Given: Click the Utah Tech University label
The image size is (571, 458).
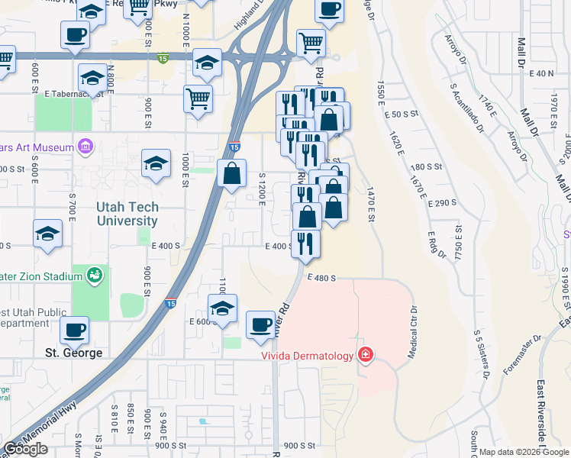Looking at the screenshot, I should pyautogui.click(x=127, y=214).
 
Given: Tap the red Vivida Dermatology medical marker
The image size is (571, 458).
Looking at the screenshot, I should pyautogui.click(x=366, y=356).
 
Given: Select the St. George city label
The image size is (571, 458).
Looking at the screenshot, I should pyautogui.click(x=73, y=353).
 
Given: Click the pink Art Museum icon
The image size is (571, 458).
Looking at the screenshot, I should pyautogui.click(x=85, y=146).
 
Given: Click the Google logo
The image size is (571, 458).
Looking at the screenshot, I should pyautogui.click(x=25, y=450).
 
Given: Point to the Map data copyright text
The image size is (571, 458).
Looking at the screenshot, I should pyautogui.click(x=524, y=452).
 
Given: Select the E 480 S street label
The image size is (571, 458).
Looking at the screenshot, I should pyautogui.click(x=322, y=279).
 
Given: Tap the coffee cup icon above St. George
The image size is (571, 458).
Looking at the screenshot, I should pyautogui.click(x=74, y=330).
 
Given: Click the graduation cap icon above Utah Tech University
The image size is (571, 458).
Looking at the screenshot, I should pyautogui.click(x=156, y=163).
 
